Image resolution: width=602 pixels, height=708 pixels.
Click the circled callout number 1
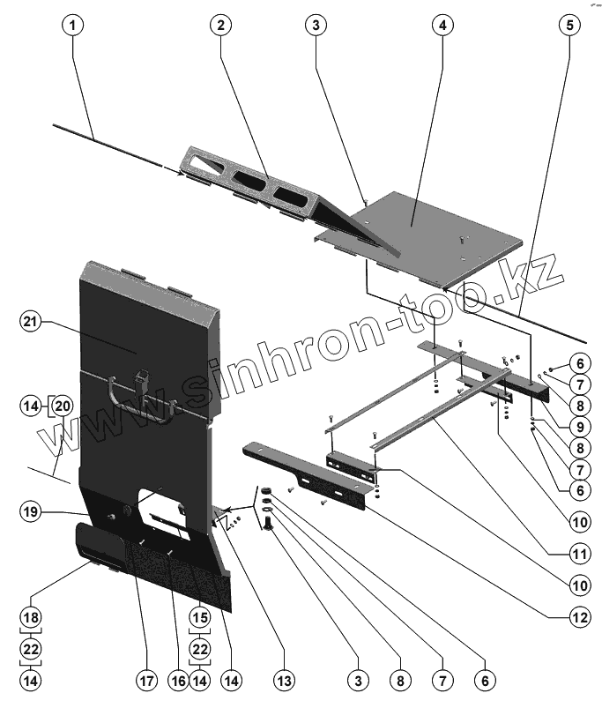(x=74, y=25)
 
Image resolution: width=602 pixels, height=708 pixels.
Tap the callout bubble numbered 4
(x=441, y=25)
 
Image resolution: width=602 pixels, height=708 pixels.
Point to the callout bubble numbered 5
(x=569, y=25)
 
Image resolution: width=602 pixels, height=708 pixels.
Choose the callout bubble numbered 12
(x=577, y=617)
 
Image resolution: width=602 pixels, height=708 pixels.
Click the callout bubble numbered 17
(x=145, y=680)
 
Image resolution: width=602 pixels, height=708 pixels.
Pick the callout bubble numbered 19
(x=32, y=511)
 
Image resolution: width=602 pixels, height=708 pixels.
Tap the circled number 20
(x=62, y=406)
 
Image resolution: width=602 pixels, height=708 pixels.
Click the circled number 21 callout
(x=32, y=324)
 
